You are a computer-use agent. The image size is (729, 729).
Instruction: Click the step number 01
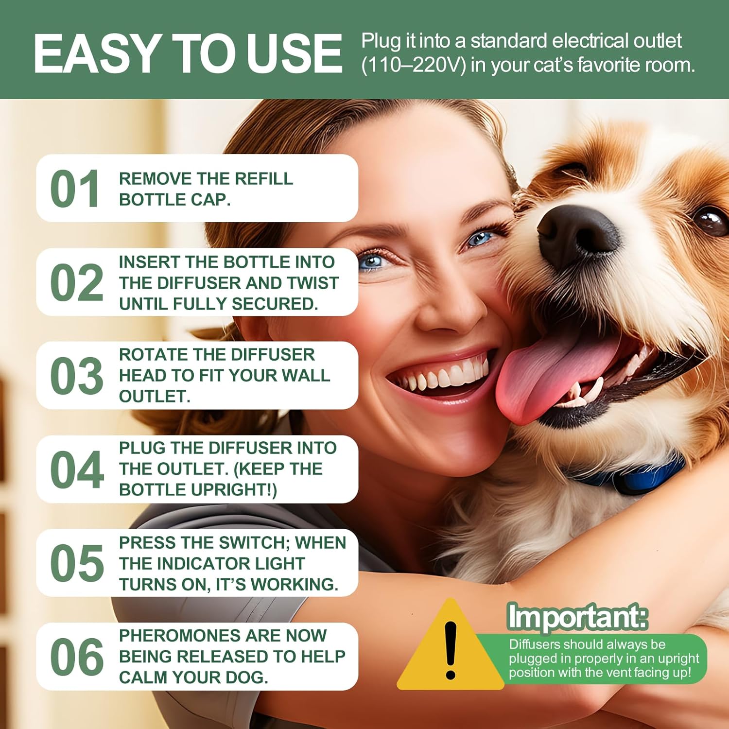pyautogui.click(x=75, y=189)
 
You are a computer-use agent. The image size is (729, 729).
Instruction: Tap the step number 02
pyautogui.click(x=77, y=282)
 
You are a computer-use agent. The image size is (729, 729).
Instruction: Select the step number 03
pyautogui.click(x=77, y=376)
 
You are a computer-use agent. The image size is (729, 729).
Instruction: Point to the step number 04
pyautogui.click(x=77, y=469)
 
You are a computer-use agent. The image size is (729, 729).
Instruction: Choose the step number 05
pyautogui.click(x=77, y=563)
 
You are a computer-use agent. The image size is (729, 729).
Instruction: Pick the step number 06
pyautogui.click(x=77, y=657)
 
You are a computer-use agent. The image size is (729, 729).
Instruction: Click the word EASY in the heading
pyautogui.click(x=96, y=53)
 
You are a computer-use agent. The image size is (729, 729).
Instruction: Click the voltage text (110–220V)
pyautogui.click(x=413, y=65)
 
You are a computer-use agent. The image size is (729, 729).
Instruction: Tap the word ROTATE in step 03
pyautogui.click(x=149, y=355)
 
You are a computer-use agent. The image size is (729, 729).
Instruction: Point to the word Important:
pyautogui.click(x=577, y=617)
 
